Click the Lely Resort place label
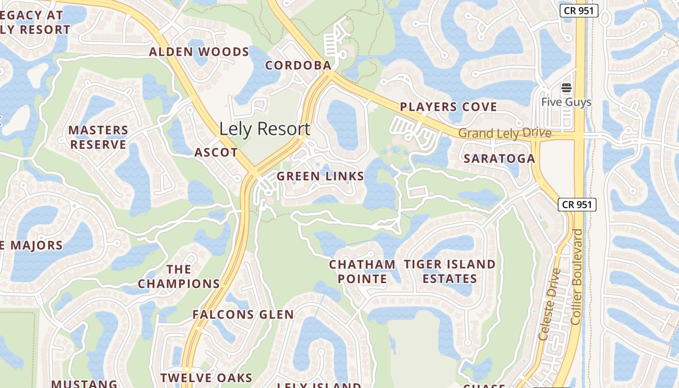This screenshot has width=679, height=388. click(x=264, y=129)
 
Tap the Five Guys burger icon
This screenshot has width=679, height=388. click(x=566, y=88)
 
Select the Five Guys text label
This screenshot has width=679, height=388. click(x=566, y=102)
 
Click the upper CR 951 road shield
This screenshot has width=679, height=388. click(x=579, y=11)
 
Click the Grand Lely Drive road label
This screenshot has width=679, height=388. click(x=504, y=133)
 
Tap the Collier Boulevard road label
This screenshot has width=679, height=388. click(x=577, y=276)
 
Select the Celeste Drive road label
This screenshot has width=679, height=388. click(x=550, y=304)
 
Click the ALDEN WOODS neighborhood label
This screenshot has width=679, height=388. click(x=199, y=52)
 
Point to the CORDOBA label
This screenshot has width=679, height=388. click(x=298, y=65)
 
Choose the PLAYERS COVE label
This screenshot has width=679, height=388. click(x=449, y=107)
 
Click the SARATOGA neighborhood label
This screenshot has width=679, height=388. click(x=499, y=159)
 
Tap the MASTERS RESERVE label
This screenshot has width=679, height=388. click(x=98, y=137)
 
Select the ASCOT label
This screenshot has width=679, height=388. click(x=216, y=153)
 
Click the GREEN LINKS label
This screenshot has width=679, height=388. click(x=320, y=177)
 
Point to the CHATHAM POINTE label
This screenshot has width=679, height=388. click(x=362, y=272)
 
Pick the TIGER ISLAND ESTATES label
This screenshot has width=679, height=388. click(x=450, y=272)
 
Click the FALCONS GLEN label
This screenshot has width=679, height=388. click(x=243, y=315)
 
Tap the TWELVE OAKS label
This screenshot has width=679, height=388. click(x=206, y=378)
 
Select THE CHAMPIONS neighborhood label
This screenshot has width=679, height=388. click(x=178, y=276)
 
